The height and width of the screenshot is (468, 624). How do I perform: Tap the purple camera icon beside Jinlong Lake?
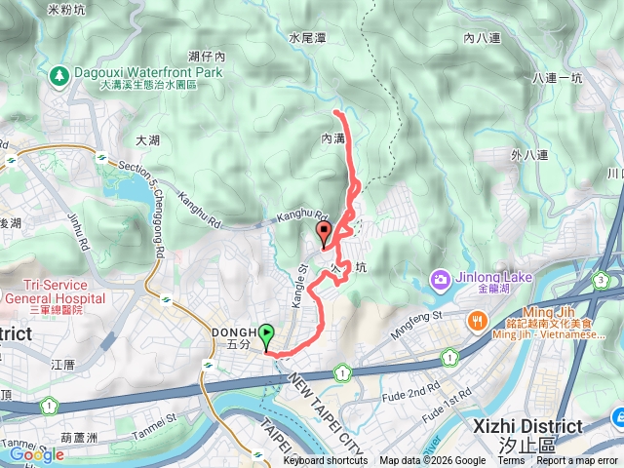point(441,280)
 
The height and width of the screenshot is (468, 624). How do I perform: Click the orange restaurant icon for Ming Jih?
point(478,320)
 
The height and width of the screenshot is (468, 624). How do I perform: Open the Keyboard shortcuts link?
point(326,461)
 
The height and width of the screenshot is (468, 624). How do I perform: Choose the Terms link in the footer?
point(511,461)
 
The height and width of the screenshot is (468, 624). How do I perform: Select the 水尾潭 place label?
point(307,37)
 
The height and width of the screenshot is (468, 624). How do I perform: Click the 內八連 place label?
point(482,37)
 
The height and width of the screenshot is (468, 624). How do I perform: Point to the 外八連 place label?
point(529,154)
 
